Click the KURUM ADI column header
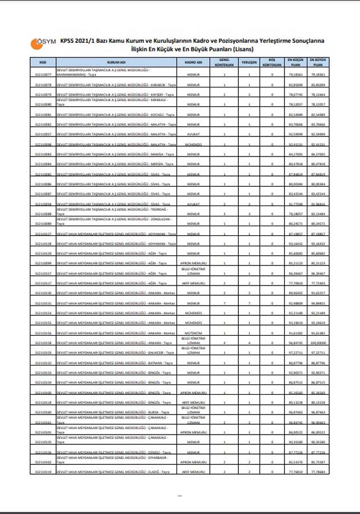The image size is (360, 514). [x=116, y=61]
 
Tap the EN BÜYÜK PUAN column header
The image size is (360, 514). [x=318, y=61]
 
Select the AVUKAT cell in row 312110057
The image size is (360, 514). [x=194, y=134]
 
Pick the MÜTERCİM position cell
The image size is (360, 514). [x=194, y=333]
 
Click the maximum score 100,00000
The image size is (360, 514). [x=318, y=343]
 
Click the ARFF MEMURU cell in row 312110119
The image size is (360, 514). [x=194, y=472]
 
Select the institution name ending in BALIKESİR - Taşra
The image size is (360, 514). [x=115, y=353]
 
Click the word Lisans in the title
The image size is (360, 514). [x=243, y=49]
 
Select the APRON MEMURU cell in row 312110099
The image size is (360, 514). [x=194, y=263]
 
